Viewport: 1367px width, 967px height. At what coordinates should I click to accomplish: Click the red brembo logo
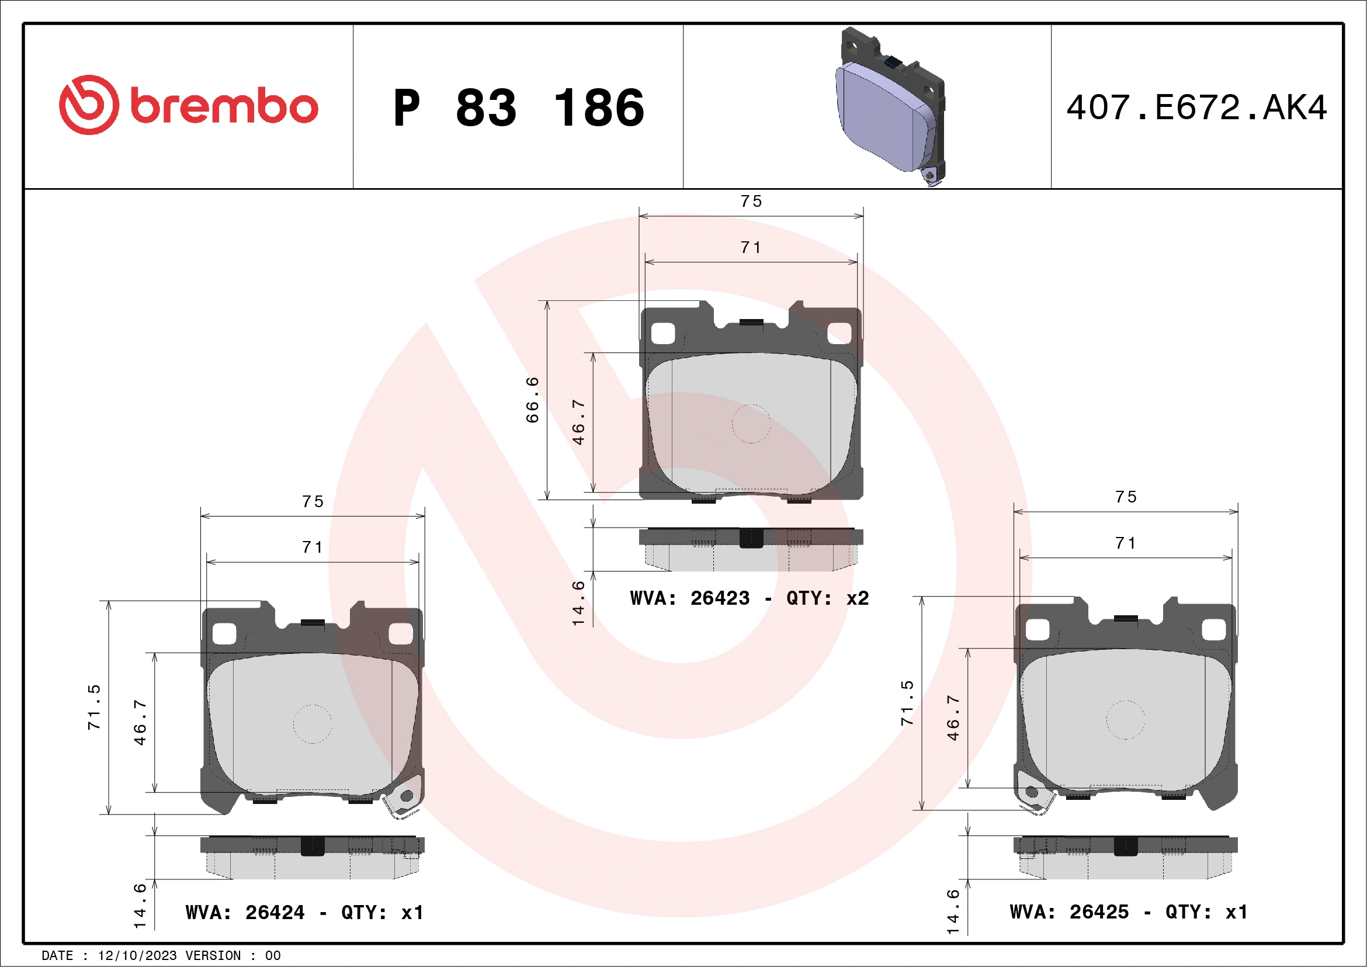point(188,105)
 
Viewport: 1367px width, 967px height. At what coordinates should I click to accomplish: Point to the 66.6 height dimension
point(532,400)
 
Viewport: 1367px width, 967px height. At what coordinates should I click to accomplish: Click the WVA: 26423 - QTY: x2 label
point(749,598)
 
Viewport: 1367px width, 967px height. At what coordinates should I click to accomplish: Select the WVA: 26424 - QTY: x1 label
point(304,912)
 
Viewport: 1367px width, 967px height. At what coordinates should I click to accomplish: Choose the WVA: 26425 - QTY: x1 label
point(1128,911)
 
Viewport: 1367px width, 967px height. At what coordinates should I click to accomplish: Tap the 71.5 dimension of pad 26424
point(94,707)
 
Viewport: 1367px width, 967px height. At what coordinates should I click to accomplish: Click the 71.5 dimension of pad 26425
point(907,703)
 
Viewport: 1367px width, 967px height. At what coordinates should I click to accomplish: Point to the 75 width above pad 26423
point(751,201)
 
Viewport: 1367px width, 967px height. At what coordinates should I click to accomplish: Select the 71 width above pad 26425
point(1125,543)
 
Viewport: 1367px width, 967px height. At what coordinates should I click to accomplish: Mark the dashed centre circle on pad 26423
point(751,424)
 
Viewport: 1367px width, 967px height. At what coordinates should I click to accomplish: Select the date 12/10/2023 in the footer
point(137,956)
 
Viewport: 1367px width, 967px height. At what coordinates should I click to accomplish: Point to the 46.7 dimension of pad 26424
point(140,722)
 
